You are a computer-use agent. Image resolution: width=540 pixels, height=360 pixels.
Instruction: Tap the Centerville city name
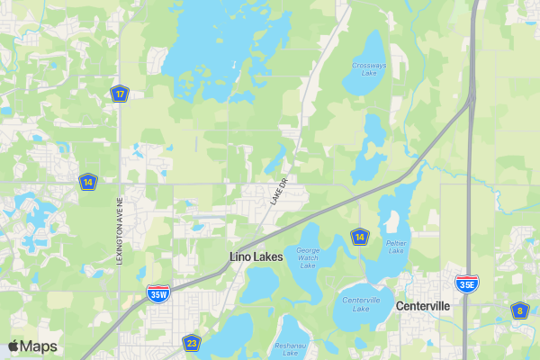[x=423, y=306]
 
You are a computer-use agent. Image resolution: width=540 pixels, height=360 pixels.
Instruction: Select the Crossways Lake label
[x=368, y=70]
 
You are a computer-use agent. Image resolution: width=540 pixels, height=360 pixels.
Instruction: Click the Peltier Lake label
[x=396, y=246]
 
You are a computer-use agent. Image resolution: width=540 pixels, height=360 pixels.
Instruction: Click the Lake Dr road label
[x=277, y=192]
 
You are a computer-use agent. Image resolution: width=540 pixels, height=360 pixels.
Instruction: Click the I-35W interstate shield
[x=157, y=292]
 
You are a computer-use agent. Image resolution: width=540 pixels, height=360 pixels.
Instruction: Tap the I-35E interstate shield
[x=466, y=283]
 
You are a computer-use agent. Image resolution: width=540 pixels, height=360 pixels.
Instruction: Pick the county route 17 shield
[x=119, y=93]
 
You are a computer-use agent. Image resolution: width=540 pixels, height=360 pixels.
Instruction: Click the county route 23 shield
[x=191, y=342]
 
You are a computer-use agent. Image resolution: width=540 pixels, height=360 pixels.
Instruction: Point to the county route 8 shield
[x=518, y=310]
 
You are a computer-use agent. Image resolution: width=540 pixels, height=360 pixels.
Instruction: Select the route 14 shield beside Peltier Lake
[x=360, y=236]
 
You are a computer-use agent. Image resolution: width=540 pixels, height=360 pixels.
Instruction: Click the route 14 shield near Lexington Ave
[x=87, y=181]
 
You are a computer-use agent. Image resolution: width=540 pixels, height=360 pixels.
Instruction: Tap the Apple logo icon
[x=13, y=346]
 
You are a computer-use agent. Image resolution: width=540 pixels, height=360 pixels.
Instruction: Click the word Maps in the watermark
[x=39, y=346]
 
